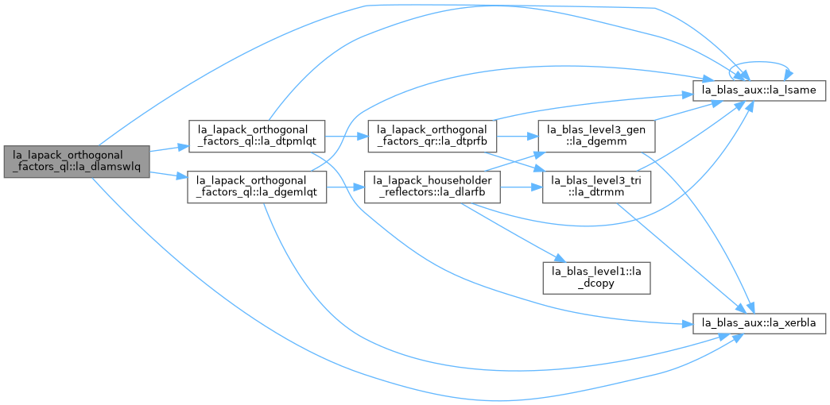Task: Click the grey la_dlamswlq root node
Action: coord(77,161)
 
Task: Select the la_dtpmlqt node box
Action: coord(256,136)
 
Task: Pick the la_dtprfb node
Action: coord(432,136)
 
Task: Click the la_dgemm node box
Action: coord(596,136)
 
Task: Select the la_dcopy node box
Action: coord(596,278)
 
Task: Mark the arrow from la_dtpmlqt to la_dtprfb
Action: coord(346,136)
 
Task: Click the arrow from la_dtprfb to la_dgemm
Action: coord(517,136)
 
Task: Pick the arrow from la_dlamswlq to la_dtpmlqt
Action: coord(169,148)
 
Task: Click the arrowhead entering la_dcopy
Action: coord(557,258)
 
